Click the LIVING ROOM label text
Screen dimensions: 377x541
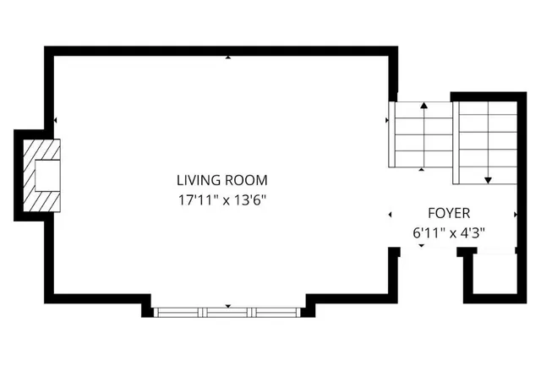pyautogui.click(x=221, y=180)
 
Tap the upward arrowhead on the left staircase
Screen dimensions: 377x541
pyautogui.click(x=424, y=107)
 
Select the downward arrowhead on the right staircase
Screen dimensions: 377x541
pyautogui.click(x=488, y=180)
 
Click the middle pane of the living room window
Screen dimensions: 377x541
pyautogui.click(x=228, y=312)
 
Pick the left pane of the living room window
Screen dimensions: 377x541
pyautogui.click(x=180, y=312)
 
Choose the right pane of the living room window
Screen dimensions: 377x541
pyautogui.click(x=276, y=312)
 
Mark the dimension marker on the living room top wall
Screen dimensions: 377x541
pyautogui.click(x=228, y=57)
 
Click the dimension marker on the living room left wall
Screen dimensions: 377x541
pyautogui.click(x=56, y=122)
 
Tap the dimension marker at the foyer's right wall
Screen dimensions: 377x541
pyautogui.click(x=516, y=215)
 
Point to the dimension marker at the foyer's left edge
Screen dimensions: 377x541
pyautogui.click(x=391, y=215)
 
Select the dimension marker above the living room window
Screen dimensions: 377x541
pyautogui.click(x=228, y=305)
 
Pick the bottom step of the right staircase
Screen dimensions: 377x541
pyautogui.click(x=485, y=175)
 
